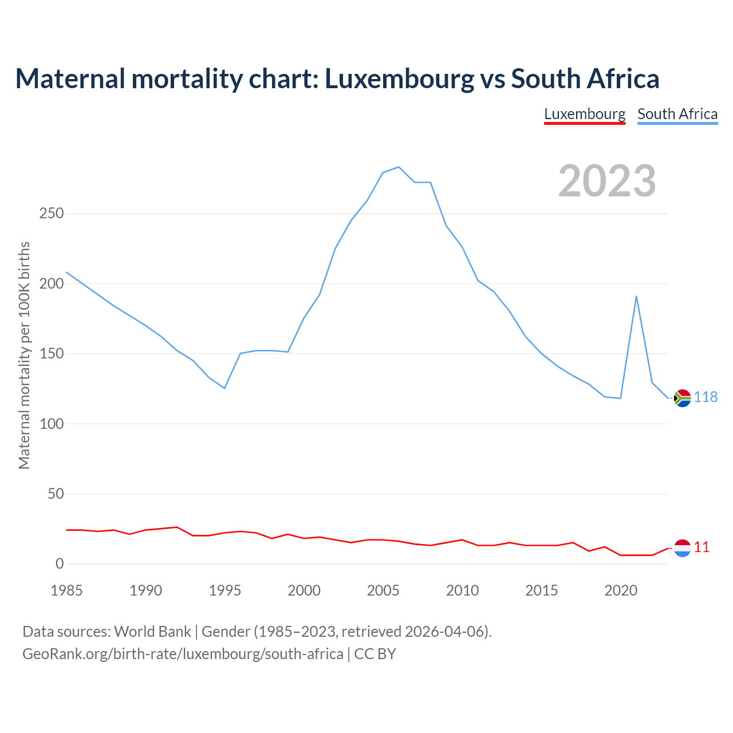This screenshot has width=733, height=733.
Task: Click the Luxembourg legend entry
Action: [584, 114]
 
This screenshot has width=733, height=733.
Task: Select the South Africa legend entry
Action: [677, 114]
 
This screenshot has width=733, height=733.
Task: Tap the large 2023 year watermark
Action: [607, 181]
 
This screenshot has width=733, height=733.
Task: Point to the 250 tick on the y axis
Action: [52, 214]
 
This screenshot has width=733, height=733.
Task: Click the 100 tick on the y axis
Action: [52, 424]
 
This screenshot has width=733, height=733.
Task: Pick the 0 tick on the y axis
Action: [60, 564]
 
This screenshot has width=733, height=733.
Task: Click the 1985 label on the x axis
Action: [66, 590]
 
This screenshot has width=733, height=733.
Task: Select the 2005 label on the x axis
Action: [383, 590]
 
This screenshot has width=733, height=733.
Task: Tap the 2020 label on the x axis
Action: [621, 590]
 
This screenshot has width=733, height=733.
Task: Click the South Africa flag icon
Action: [683, 397]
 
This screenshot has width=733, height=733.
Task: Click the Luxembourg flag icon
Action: [683, 548]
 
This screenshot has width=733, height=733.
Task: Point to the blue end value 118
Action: [706, 397]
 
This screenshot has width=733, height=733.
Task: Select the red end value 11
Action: [702, 547]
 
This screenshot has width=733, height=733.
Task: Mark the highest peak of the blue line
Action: [399, 167]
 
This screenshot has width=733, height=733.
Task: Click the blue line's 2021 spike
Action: [636, 296]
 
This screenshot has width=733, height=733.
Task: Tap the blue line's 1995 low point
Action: [224, 388]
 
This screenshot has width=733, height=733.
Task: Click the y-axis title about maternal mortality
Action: [24, 355]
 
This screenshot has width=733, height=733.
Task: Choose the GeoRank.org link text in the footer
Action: [183, 654]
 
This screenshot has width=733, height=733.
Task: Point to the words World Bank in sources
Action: [152, 632]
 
